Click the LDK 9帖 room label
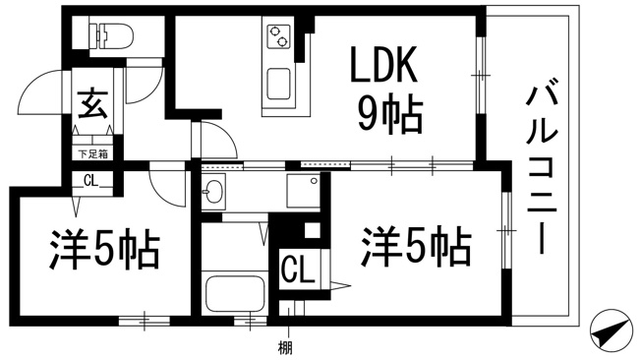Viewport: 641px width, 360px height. pyautogui.click(x=384, y=90)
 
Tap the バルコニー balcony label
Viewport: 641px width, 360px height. pyautogui.click(x=542, y=169)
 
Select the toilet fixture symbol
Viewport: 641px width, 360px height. pyautogui.click(x=111, y=36)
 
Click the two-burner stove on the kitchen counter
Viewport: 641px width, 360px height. pyautogui.click(x=278, y=36)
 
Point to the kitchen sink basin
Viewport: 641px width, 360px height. pyautogui.click(x=279, y=85)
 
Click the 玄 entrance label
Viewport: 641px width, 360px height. pyautogui.click(x=92, y=103)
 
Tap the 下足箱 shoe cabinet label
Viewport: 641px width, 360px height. pyautogui.click(x=93, y=154)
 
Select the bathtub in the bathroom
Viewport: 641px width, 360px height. pyautogui.click(x=235, y=294)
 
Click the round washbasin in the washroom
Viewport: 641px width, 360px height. pyautogui.click(x=212, y=191)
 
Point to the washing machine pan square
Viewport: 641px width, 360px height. pyautogui.click(x=303, y=191)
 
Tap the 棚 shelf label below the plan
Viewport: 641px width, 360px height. pyautogui.click(x=285, y=348)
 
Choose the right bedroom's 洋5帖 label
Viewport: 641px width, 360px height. pyautogui.click(x=415, y=246)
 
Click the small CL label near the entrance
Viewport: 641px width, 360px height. pyautogui.click(x=91, y=181)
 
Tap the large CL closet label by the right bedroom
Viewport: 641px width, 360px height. pyautogui.click(x=298, y=269)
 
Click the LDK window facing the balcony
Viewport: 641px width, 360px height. pyautogui.click(x=481, y=76)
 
